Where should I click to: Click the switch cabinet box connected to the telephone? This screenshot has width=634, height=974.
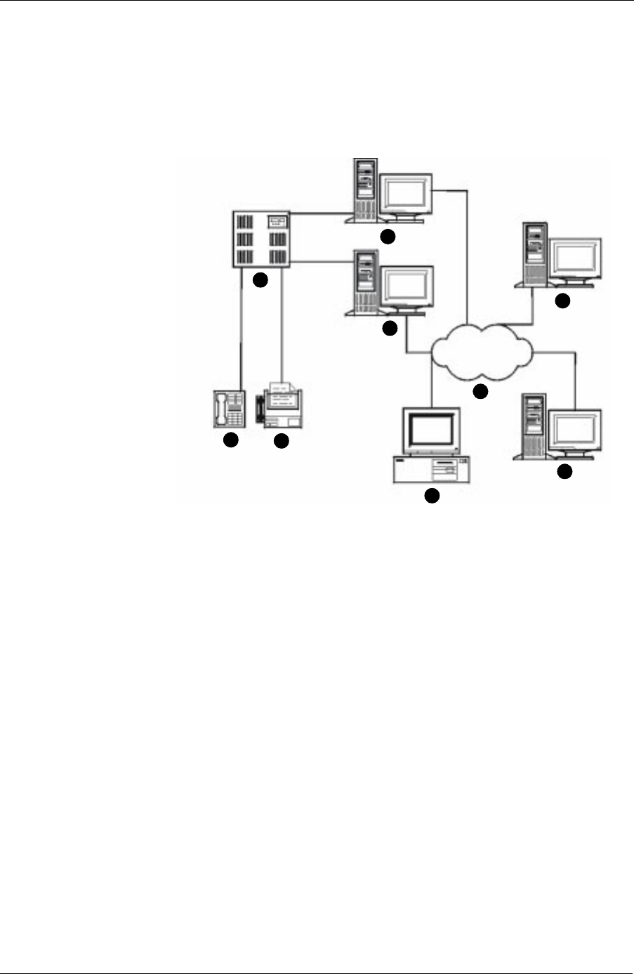click(x=260, y=239)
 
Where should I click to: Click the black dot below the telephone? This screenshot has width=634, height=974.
click(x=230, y=440)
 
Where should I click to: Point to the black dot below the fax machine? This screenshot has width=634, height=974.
click(x=281, y=441)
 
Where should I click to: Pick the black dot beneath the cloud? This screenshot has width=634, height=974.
click(x=480, y=392)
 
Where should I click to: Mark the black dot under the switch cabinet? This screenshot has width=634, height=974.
click(x=260, y=280)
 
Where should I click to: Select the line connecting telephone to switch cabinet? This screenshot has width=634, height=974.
click(x=242, y=330)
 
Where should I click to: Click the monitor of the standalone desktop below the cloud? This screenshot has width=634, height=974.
click(x=430, y=430)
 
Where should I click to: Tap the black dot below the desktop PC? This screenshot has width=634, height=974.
click(x=431, y=496)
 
